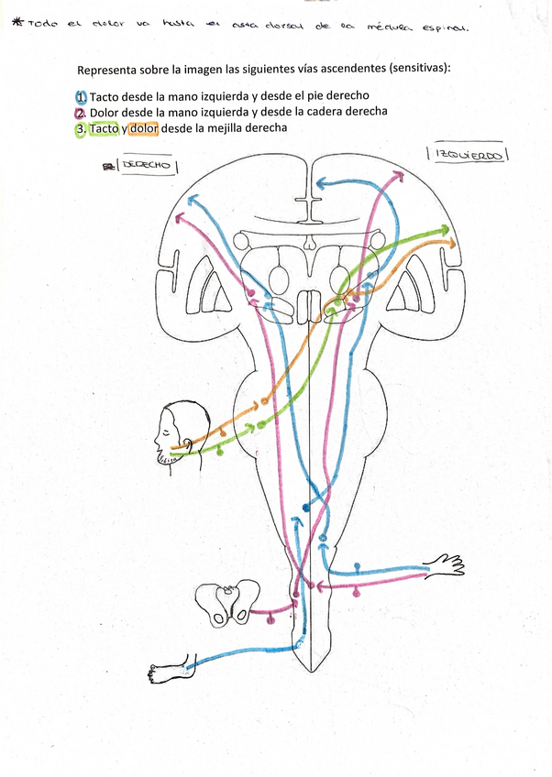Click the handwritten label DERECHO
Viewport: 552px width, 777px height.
(x=147, y=165)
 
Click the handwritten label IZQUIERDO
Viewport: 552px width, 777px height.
(x=468, y=155)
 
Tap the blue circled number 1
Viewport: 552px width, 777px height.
(x=82, y=97)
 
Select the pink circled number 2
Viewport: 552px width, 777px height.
(x=82, y=113)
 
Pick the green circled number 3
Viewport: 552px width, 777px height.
(x=82, y=129)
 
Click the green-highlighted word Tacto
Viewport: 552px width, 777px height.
(x=104, y=129)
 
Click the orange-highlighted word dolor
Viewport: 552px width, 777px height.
(x=143, y=129)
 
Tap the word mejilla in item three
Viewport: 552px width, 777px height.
(x=229, y=129)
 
